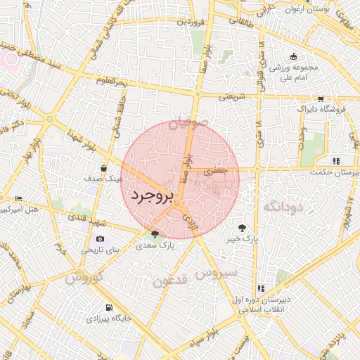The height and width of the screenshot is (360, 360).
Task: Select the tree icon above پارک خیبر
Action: point(243,228)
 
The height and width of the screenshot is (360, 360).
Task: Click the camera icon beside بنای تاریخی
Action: point(100,240)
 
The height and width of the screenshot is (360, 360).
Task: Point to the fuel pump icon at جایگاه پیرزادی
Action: point(108,307)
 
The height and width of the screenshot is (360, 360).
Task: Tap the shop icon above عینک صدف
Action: point(103,169)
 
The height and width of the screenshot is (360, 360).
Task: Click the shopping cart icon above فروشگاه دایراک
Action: point(321,99)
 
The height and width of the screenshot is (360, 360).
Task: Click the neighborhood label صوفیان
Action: point(188,124)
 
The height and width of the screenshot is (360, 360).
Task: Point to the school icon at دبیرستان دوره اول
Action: point(261,288)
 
